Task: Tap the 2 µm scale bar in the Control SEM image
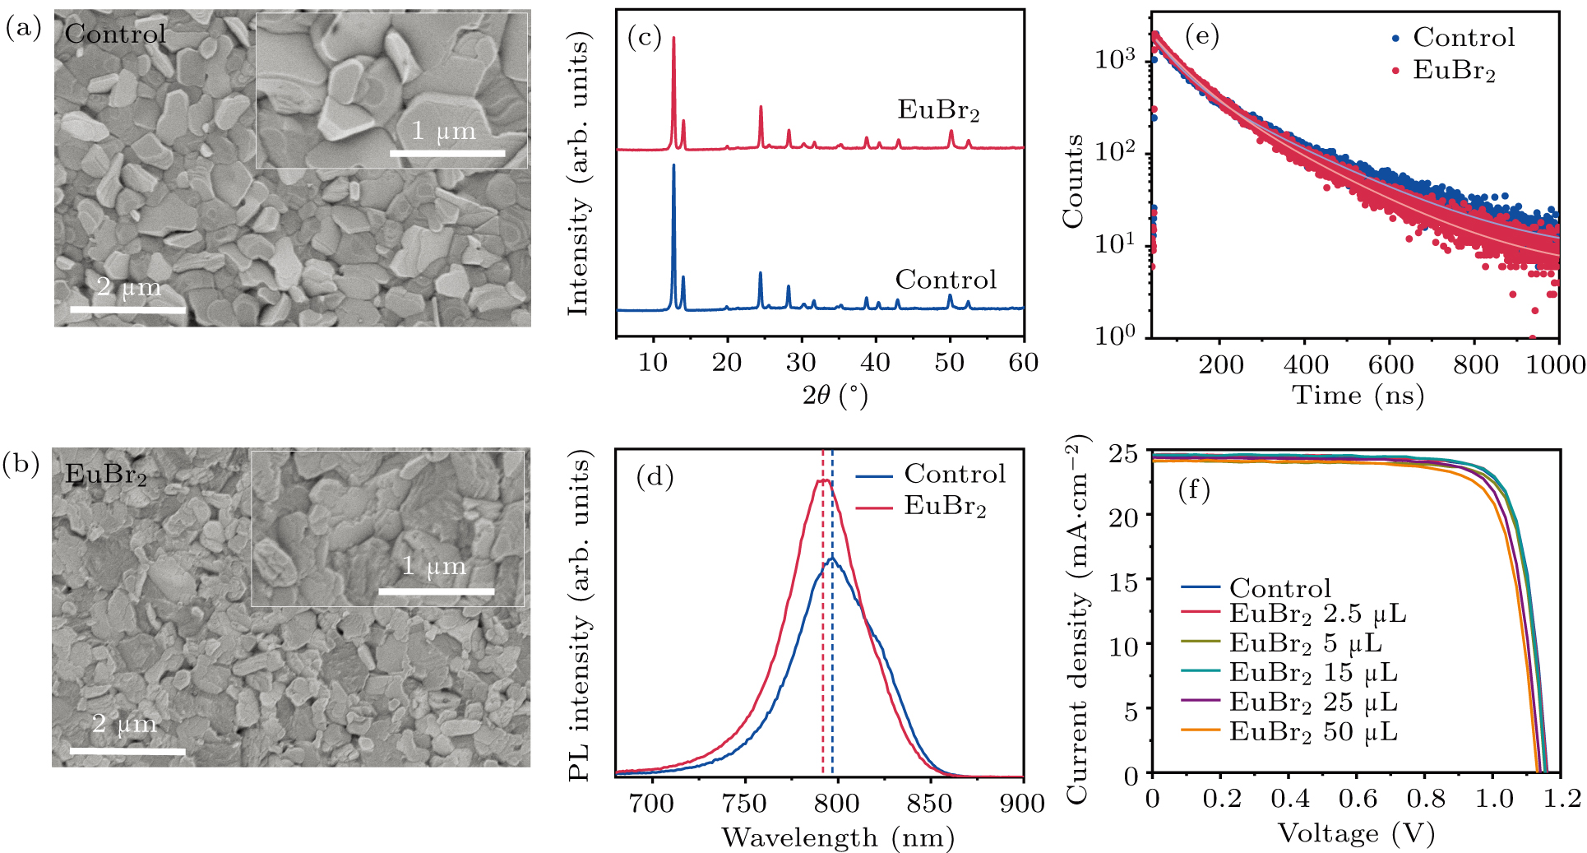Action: (x=127, y=309)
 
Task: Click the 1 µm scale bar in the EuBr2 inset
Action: (x=436, y=591)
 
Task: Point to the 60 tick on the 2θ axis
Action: (x=1023, y=363)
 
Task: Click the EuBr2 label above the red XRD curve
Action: (x=938, y=110)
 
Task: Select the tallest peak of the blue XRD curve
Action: (x=673, y=167)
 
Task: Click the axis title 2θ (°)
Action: (x=835, y=396)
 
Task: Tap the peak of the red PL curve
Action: (x=822, y=480)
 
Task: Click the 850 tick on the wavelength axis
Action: (x=931, y=804)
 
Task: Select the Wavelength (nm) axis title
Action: (x=838, y=837)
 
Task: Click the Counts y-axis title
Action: (x=1072, y=181)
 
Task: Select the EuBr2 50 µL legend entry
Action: (x=1312, y=731)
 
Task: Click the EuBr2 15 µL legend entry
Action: (x=1312, y=672)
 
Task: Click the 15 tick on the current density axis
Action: (x=1125, y=582)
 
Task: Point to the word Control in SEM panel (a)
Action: (x=115, y=34)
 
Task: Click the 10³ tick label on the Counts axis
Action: (x=1116, y=59)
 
